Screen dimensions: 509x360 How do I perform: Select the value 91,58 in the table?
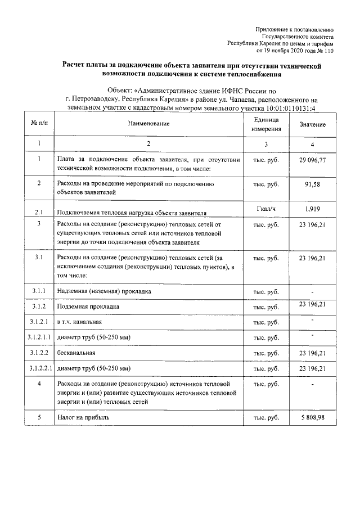(312, 184)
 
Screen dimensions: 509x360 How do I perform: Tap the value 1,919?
(312, 209)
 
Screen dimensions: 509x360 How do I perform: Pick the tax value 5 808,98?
(312, 418)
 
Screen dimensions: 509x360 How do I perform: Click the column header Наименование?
(148, 123)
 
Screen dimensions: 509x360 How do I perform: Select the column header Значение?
(312, 124)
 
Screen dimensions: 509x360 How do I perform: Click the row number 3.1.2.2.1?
(39, 369)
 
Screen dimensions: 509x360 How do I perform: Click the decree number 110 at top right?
(328, 50)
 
